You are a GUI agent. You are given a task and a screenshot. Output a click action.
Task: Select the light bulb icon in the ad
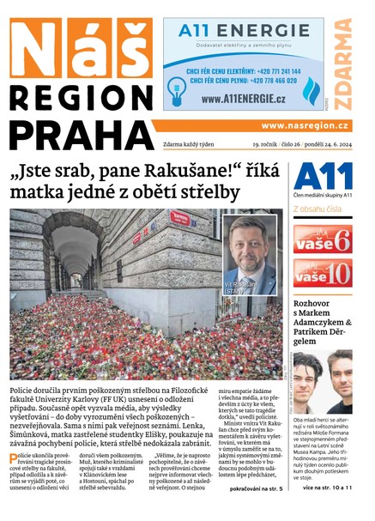177,88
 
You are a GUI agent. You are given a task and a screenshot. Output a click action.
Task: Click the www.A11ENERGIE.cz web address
244,100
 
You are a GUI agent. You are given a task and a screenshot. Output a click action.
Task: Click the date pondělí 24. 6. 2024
322,146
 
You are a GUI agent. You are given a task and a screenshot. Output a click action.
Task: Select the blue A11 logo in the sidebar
323,177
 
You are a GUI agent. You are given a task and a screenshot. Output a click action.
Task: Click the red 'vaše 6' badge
322,239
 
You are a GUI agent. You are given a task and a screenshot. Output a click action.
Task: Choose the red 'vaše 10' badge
322,274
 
